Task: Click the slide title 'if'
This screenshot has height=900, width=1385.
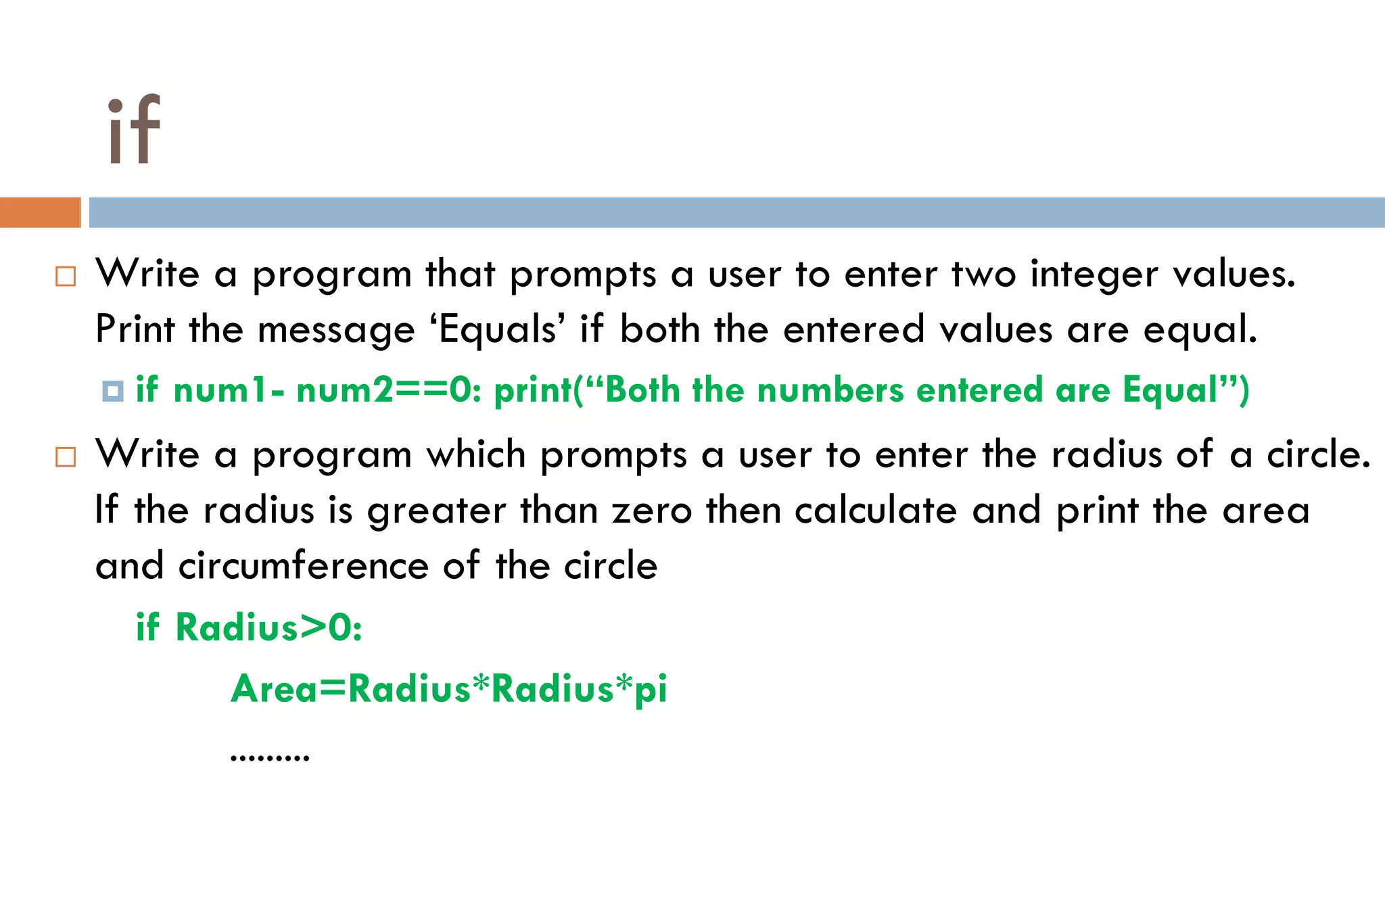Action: click(x=134, y=129)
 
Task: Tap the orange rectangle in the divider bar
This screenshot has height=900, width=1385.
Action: click(x=40, y=212)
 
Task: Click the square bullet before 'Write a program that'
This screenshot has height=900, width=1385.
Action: click(x=66, y=277)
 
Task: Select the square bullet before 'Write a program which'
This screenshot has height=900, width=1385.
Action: click(x=66, y=457)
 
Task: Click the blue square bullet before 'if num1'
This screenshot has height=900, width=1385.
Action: click(x=112, y=391)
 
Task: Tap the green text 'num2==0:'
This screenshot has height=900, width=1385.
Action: click(x=389, y=391)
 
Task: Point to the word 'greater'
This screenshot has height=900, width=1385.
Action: click(x=436, y=511)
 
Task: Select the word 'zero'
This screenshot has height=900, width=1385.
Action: click(x=652, y=511)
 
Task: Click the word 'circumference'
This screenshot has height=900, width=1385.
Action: click(x=304, y=566)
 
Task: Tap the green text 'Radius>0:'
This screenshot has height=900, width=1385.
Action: click(x=268, y=627)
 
